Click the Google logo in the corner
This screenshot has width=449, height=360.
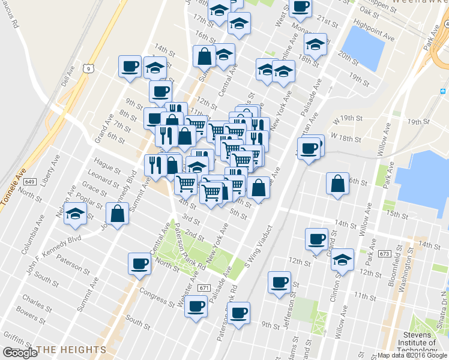[20, 353]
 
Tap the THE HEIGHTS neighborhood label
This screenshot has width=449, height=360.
[71, 349]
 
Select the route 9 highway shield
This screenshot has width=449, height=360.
[88, 69]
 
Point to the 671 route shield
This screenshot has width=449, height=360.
[205, 288]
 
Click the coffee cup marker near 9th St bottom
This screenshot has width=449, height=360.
[239, 313]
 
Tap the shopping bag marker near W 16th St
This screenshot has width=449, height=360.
[338, 183]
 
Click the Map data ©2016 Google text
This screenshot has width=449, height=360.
[412, 355]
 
